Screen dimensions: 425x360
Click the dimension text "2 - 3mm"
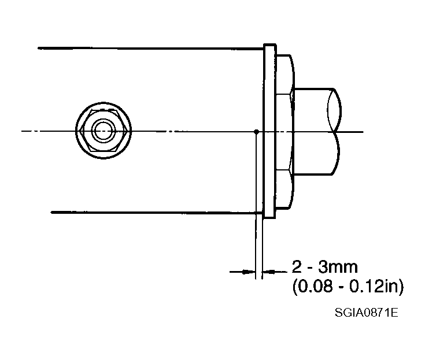(x=325, y=267)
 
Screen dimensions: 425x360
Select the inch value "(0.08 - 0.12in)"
(x=348, y=286)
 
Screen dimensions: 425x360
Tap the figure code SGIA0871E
(x=367, y=313)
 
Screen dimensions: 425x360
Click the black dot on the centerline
(x=256, y=132)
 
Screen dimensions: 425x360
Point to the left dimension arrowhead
(x=249, y=272)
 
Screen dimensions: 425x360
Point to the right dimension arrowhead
(x=269, y=271)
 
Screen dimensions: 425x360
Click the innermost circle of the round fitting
(x=104, y=131)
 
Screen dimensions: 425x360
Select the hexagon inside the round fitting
(x=104, y=131)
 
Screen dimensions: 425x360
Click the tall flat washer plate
(x=269, y=131)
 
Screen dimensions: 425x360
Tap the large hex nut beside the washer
(x=284, y=132)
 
